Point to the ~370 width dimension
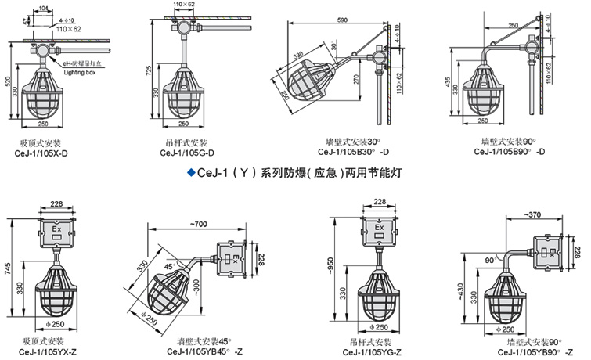click(x=535, y=214)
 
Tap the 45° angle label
click(x=168, y=265)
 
